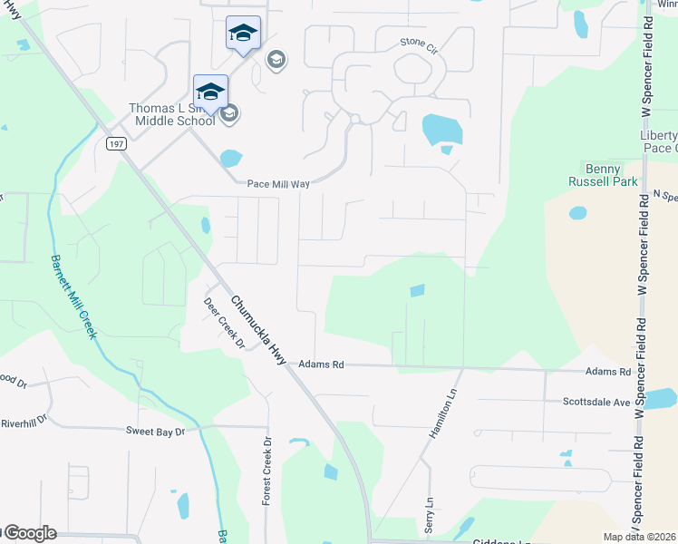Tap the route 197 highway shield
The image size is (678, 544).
[x=115, y=143]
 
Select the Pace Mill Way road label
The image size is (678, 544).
[x=279, y=184]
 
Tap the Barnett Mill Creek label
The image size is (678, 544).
[x=73, y=298]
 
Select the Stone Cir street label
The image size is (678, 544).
[x=418, y=44]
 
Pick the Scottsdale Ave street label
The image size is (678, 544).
[x=596, y=402]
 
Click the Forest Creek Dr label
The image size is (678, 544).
[x=267, y=471]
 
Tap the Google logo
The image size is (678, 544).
[x=30, y=533]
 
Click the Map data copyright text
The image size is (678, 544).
[x=639, y=537]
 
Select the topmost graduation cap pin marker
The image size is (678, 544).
[x=243, y=34]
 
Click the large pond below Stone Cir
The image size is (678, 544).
[x=441, y=130]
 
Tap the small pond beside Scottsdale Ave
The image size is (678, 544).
[x=661, y=398]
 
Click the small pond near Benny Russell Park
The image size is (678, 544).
[x=577, y=214]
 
